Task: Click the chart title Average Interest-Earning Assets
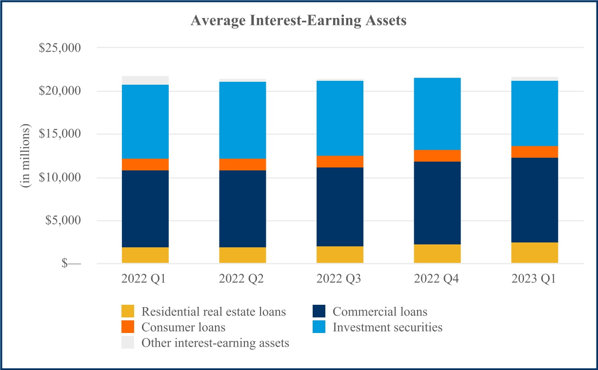coord(299,21)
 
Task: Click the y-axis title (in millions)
coord(25,156)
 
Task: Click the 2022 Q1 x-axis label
coord(145,279)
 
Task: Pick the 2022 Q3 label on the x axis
coord(339,279)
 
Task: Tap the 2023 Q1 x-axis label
coord(535,279)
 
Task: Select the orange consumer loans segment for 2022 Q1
coord(145,165)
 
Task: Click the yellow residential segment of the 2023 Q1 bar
coord(535,253)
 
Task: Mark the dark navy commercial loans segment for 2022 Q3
coord(340,207)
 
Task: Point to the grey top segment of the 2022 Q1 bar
coord(145,80)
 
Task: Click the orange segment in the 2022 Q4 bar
coord(437,156)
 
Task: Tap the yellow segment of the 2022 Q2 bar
coord(243,256)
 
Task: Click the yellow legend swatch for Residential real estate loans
coord(128,312)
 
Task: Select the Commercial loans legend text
coord(380,312)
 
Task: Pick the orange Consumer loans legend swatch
coord(128,327)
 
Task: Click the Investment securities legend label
coord(388,327)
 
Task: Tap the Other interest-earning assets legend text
coord(215,343)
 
